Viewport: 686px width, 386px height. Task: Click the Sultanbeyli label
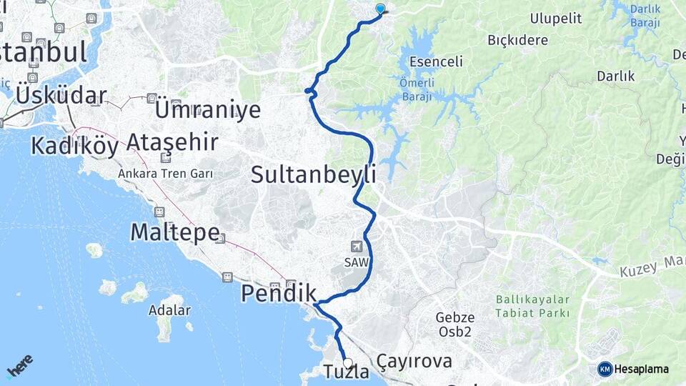tap(314, 174)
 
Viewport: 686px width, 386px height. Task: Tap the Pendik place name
tap(279, 293)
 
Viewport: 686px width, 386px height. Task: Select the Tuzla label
tap(347, 372)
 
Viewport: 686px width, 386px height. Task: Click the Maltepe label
tap(174, 232)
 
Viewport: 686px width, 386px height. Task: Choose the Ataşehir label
tap(171, 142)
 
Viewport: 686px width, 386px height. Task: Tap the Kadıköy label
tap(74, 146)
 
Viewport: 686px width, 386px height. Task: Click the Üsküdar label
tap(61, 95)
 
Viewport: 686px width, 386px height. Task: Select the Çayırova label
tap(415, 361)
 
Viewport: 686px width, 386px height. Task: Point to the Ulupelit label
tap(556, 19)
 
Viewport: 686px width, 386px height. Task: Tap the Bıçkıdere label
tap(518, 40)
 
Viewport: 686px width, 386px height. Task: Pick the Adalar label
tap(169, 310)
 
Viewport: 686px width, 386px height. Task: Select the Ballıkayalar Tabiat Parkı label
tap(533, 307)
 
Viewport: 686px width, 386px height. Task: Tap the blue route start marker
tap(380, 9)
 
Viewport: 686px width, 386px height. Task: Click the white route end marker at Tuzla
tap(347, 362)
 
